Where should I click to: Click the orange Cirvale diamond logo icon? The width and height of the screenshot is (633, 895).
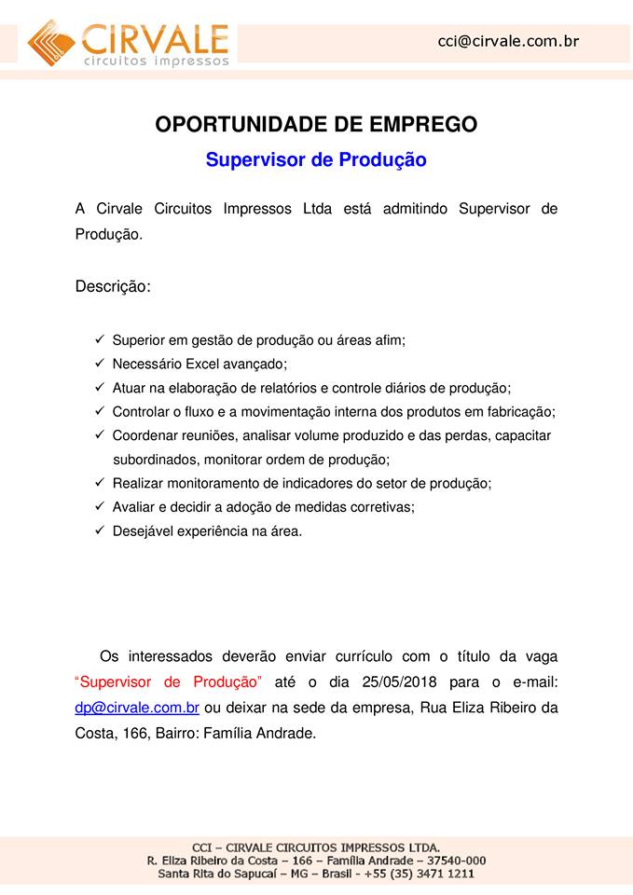(52, 42)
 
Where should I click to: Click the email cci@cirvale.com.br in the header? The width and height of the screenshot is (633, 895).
(509, 41)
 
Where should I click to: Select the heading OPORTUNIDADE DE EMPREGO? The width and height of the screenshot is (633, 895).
(316, 124)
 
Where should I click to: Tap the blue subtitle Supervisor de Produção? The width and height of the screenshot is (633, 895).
(316, 159)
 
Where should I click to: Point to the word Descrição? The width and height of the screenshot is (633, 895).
(113, 286)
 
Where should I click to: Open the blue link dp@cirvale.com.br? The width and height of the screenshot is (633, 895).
(137, 708)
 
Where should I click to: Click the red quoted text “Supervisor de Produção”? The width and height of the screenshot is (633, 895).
(169, 682)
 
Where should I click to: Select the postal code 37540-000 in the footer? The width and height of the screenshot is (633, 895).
(455, 860)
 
